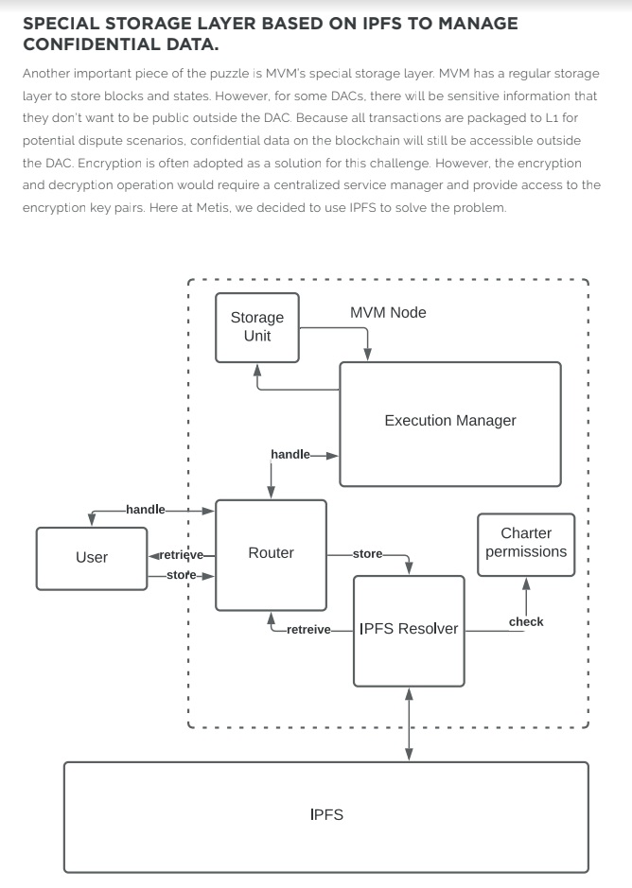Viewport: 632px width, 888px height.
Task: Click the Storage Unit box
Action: point(256,327)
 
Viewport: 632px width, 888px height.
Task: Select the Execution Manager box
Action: point(449,422)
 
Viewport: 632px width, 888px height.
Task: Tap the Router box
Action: point(271,553)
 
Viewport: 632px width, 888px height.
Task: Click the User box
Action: point(92,557)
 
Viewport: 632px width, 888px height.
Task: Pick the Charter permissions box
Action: point(526,544)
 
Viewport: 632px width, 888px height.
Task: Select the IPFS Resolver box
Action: point(409,629)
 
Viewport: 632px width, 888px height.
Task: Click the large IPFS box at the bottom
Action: point(326,815)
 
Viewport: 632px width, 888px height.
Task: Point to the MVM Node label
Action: point(388,313)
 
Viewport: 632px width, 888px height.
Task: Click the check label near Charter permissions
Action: point(526,622)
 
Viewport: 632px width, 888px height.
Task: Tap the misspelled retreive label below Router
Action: point(308,630)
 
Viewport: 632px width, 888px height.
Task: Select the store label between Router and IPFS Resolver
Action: point(367,554)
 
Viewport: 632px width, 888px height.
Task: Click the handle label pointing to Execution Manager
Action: point(290,455)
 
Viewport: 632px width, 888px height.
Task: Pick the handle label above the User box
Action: point(146,510)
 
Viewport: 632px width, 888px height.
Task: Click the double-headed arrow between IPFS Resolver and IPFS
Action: point(409,723)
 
